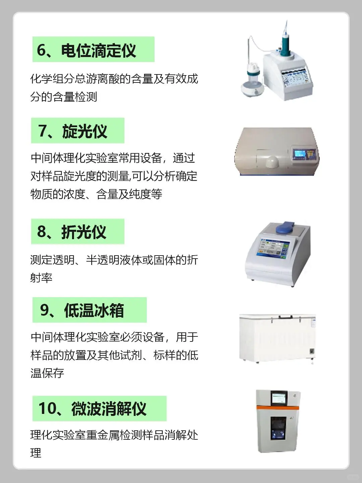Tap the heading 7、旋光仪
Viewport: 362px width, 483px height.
tap(77, 131)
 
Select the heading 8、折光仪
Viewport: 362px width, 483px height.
tap(77, 232)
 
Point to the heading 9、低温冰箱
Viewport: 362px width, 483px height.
tap(89, 310)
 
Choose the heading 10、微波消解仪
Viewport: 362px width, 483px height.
tap(99, 409)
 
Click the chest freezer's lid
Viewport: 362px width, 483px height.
tap(277, 317)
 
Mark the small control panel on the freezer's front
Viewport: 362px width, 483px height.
tap(311, 351)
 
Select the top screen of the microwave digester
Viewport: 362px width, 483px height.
tap(278, 398)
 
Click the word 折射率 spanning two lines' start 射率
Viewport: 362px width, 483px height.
tap(41, 278)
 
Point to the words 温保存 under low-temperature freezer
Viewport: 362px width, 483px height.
tap(47, 373)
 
